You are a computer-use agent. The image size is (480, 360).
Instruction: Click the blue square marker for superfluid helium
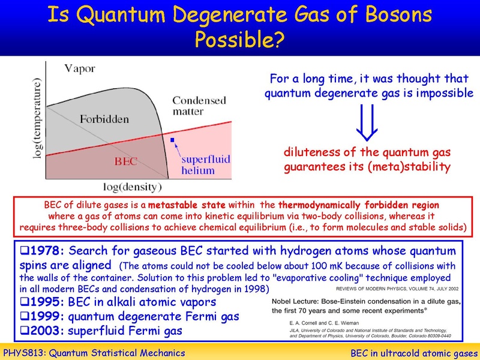(172, 140)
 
